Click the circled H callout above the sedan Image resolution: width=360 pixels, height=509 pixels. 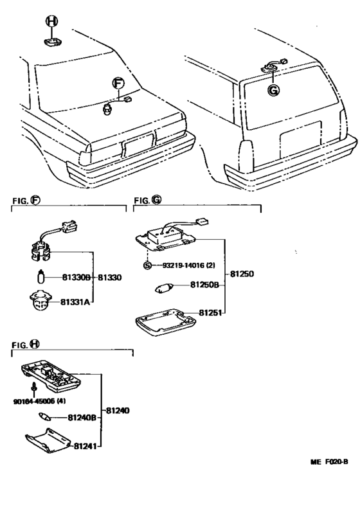tap(51, 21)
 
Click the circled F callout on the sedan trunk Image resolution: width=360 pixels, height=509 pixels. tap(118, 84)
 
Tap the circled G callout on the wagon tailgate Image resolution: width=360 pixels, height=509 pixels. tap(274, 89)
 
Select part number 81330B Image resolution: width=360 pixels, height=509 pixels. tap(76, 278)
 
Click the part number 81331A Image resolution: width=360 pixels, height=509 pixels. tap(75, 302)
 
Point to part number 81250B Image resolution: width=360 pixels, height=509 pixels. tap(204, 285)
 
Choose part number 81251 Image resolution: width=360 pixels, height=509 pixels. tap(210, 312)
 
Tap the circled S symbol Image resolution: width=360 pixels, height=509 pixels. tap(147, 265)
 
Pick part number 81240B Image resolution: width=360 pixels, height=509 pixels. tap(82, 418)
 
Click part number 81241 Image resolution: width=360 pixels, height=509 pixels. tap(85, 447)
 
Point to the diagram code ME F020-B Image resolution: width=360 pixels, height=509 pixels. tap(329, 461)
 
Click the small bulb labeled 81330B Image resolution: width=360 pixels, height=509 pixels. tap(40, 277)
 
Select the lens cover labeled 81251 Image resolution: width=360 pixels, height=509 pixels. tap(166, 322)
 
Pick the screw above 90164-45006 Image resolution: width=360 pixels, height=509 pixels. tap(33, 388)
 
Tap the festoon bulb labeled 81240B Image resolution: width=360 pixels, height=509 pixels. tap(44, 416)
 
